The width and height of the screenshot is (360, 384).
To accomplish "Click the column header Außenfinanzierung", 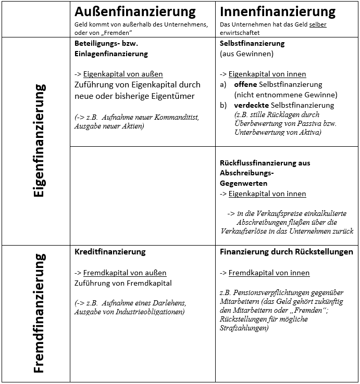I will point(135,11).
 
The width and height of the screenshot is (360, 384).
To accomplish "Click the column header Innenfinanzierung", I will point(278,11).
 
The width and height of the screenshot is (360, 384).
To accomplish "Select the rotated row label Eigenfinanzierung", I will point(39,140).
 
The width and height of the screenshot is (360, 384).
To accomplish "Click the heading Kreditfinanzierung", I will point(110,251).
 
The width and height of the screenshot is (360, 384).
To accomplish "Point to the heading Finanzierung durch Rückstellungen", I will point(287,251).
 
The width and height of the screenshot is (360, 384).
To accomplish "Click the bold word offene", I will point(245,84).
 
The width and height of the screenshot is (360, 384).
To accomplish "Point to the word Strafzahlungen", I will point(245,328).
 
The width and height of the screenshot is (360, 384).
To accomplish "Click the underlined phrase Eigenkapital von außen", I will point(123,74).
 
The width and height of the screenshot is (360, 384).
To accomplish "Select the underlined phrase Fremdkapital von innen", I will point(269,273).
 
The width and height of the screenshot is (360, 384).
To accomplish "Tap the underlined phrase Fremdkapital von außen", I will point(125,273).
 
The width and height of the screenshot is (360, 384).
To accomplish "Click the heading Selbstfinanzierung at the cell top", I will point(252,43).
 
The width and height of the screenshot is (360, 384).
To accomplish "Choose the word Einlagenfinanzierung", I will point(111,54).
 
